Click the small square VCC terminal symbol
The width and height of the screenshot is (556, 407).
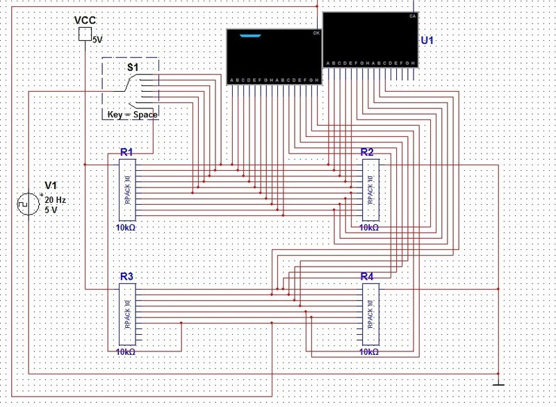coord(84,34)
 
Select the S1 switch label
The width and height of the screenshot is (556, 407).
coord(132,66)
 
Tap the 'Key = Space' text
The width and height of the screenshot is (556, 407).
coord(132,114)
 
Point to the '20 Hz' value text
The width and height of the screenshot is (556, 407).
coord(55,199)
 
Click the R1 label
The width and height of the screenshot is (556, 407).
coord(126,152)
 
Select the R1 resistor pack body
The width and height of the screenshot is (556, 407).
coord(127,190)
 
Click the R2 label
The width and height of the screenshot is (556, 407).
coord(368,152)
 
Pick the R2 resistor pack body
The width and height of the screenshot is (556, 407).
coord(370,190)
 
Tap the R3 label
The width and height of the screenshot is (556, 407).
coord(126,276)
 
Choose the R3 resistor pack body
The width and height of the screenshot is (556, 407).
coord(127,315)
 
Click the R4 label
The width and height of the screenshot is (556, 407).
coord(368,276)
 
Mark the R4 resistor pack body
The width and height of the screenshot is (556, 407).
coord(370,315)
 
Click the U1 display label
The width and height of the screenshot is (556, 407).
coord(427,41)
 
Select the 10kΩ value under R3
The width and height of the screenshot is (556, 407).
coord(126,352)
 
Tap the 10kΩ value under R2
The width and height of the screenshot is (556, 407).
coord(369,227)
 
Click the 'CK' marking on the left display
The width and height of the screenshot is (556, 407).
coord(316,33)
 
